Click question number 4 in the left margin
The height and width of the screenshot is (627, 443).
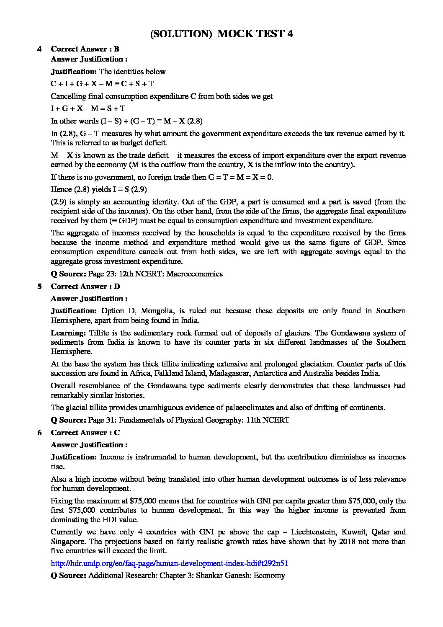[39, 49]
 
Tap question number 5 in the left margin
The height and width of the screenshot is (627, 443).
[39, 286]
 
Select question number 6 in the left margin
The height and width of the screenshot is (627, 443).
[39, 433]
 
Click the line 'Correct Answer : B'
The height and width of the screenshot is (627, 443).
[85, 49]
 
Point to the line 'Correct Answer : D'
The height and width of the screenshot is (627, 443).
[85, 286]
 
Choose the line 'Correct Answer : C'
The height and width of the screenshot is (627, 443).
[85, 433]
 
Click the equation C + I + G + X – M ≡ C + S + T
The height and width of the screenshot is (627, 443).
[102, 84]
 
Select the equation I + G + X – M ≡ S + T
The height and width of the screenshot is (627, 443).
[88, 108]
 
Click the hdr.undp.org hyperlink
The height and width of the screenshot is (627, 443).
[169, 563]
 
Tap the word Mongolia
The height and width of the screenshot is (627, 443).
[157, 311]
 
